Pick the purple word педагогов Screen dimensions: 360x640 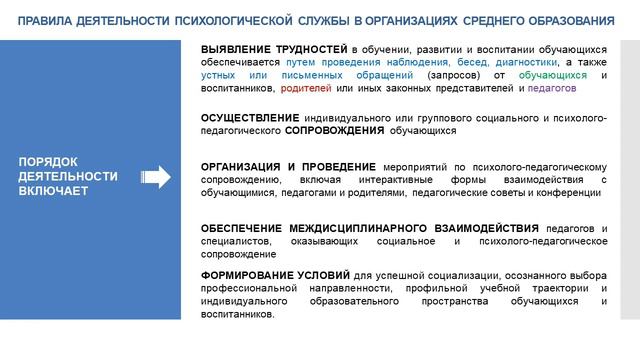tap(551, 89)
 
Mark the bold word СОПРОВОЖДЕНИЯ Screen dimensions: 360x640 tap(334, 131)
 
